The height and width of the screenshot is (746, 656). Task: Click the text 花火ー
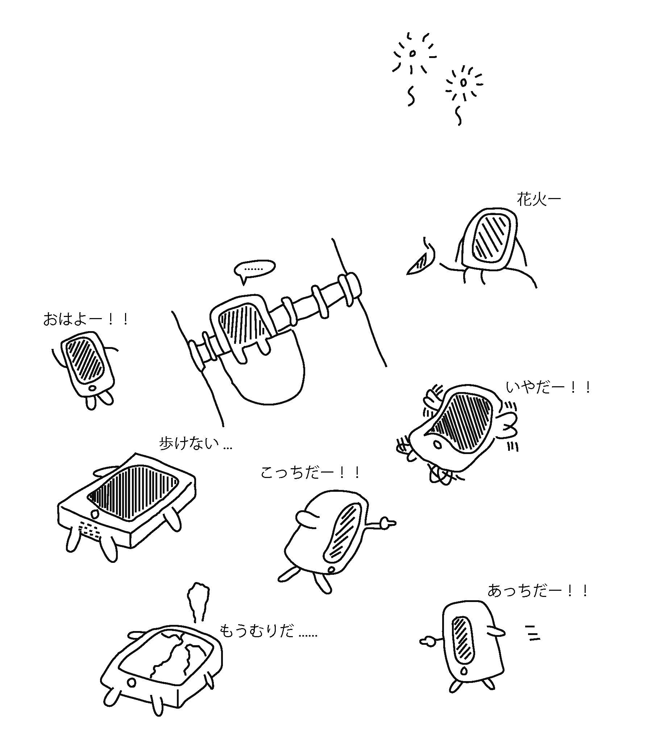tap(539, 199)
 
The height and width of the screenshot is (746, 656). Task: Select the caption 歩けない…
tap(195, 444)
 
